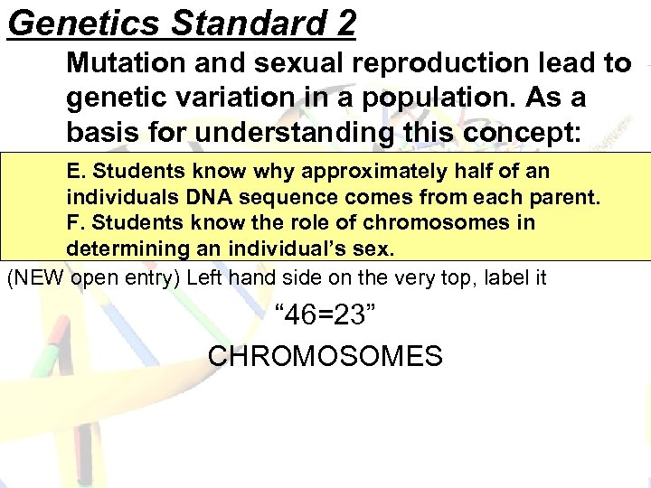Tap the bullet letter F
(73, 222)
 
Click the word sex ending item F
(379, 248)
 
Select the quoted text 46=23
(325, 316)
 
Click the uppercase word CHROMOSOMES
(325, 355)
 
